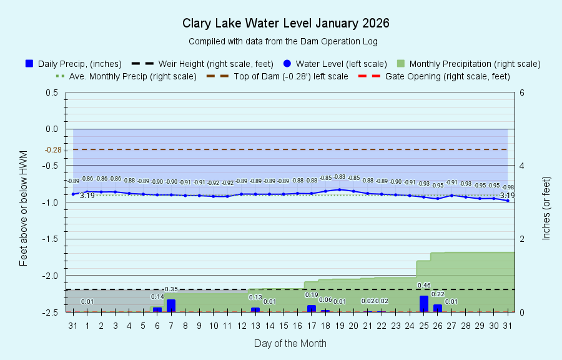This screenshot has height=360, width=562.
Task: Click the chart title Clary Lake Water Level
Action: coord(285,24)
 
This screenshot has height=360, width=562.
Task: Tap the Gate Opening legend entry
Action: coord(433,76)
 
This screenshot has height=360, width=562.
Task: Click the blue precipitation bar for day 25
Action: coord(424,304)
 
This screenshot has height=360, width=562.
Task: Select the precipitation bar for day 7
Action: coord(171,306)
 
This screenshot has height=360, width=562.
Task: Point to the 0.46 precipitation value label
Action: coord(424,286)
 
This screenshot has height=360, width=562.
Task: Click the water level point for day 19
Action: coord(340,189)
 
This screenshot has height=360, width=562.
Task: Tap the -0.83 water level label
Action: coord(339,177)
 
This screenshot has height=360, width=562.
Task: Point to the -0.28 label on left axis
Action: coord(52,149)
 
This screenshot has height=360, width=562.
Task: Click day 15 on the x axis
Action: coord(283,326)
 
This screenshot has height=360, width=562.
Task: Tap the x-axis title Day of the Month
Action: coord(290,343)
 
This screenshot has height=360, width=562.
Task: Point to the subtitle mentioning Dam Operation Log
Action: coord(283,41)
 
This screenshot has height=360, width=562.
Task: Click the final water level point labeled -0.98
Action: coord(508,201)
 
